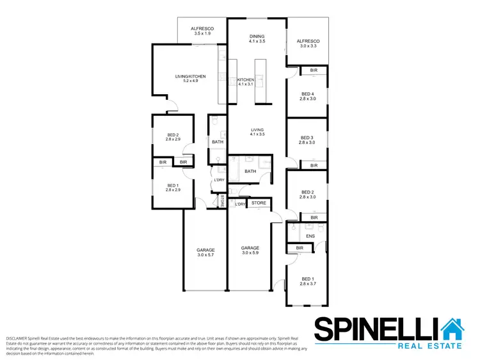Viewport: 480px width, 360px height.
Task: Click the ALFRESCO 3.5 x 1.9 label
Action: point(202,33)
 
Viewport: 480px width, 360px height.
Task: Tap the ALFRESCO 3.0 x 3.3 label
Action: point(307,44)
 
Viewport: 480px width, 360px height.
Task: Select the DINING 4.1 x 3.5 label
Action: point(257,38)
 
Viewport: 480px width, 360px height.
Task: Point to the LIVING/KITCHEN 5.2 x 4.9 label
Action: point(190,79)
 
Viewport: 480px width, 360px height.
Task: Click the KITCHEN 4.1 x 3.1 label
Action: point(246,81)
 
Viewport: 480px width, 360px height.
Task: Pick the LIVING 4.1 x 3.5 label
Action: point(257,133)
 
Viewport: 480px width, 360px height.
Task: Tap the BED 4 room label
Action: point(308,96)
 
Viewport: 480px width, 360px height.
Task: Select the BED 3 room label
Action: point(308,140)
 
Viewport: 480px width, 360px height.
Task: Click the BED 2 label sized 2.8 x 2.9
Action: point(173,136)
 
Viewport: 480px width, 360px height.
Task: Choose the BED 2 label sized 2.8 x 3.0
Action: point(308,194)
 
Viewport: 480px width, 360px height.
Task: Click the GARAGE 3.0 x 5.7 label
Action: point(205,252)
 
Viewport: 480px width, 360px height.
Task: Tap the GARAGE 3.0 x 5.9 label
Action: point(250,250)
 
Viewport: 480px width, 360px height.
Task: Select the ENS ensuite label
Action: point(310,236)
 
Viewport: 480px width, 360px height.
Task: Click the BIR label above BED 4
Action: point(314,70)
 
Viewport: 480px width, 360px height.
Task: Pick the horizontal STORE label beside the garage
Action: point(259,203)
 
